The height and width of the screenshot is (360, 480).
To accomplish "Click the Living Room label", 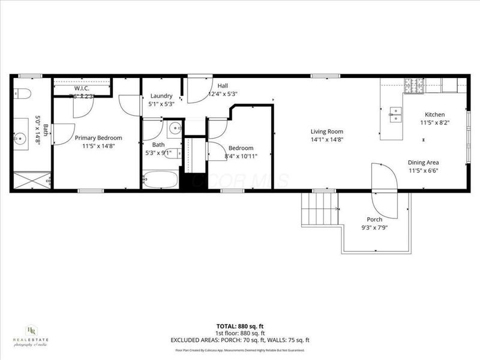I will click(x=326, y=131).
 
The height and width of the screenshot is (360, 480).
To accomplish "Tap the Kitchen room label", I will click(x=434, y=115).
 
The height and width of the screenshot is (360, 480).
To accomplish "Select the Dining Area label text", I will click(x=424, y=162).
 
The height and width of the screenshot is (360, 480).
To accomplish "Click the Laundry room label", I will click(x=161, y=96).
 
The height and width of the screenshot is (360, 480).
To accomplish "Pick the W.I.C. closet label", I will click(x=82, y=88).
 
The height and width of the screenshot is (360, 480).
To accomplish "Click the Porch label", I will click(x=375, y=220).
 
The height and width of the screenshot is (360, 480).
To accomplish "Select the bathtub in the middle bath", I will click(x=160, y=179).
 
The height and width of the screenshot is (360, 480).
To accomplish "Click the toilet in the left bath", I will click(x=22, y=94).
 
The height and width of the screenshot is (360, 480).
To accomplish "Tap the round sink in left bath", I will click(x=22, y=139).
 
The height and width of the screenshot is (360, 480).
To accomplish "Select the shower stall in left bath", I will click(x=31, y=180).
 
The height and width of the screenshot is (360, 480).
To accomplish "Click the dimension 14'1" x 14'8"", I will click(x=326, y=139).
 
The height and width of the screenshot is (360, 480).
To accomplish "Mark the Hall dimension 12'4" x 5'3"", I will click(x=223, y=94).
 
